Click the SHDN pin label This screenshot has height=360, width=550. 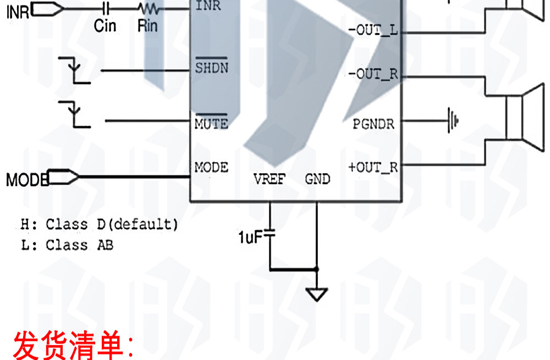pyautogui.click(x=212, y=68)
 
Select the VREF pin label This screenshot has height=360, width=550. pyautogui.click(x=269, y=179)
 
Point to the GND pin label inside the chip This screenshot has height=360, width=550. pyautogui.click(x=317, y=179)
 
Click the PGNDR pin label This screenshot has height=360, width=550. pyautogui.click(x=373, y=124)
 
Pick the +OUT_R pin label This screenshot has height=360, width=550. pyautogui.click(x=373, y=167)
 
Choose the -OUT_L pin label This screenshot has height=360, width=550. pyautogui.click(x=373, y=30)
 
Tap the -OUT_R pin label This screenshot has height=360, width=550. pyautogui.click(x=373, y=74)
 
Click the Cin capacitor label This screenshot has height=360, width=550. pyautogui.click(x=105, y=26)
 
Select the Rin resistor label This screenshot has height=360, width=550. pyautogui.click(x=147, y=26)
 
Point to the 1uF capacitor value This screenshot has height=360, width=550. pyautogui.click(x=250, y=237)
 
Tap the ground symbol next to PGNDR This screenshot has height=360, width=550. pyautogui.click(x=453, y=120)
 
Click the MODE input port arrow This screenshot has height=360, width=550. pyautogui.click(x=63, y=176)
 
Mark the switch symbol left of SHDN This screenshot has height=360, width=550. pyautogui.click(x=74, y=70)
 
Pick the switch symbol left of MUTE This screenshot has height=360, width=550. pyautogui.click(x=74, y=115)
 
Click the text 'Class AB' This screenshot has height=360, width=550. pyautogui.click(x=80, y=245)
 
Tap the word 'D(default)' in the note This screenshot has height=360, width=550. pyautogui.click(x=137, y=224)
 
